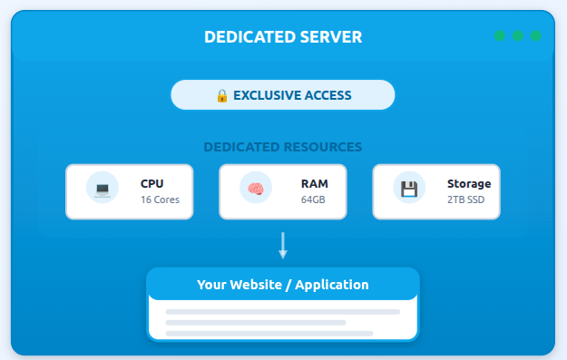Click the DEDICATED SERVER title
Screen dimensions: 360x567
(283, 37)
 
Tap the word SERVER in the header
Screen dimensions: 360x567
(330, 37)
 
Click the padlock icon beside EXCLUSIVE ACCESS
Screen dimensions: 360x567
(222, 95)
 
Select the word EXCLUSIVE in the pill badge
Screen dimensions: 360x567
(269, 95)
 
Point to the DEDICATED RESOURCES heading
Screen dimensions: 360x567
(283, 147)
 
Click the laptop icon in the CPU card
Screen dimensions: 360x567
(102, 190)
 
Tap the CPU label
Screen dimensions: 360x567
(152, 184)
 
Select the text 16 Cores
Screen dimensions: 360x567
(160, 199)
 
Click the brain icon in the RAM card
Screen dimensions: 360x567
(255, 190)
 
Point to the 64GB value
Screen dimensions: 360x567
(313, 199)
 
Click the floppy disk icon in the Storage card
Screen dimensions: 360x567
(409, 190)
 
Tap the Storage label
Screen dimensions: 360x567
(468, 184)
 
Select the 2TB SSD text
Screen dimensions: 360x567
(465, 199)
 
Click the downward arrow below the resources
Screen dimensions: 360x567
(283, 246)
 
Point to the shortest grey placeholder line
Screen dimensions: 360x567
(256, 322)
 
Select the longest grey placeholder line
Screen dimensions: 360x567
(283, 311)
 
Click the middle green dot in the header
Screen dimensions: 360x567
(518, 36)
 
